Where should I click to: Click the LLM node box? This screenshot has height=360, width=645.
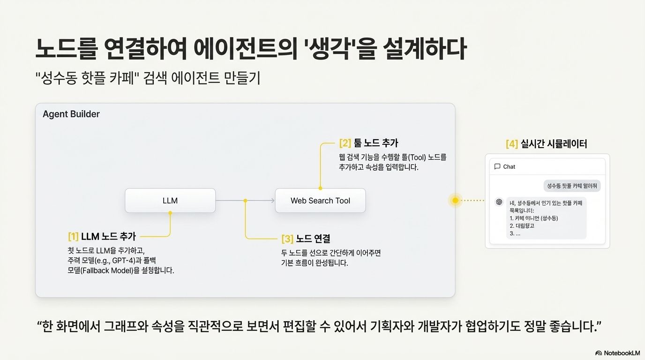pos(170,201)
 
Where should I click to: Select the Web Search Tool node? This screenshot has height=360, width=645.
pos(320,201)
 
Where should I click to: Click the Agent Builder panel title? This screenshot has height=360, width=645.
pos(71,114)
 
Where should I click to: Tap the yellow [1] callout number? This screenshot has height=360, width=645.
pos(73,237)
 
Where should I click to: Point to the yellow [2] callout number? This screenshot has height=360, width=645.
pos(345,142)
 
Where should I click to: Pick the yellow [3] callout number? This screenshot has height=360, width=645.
pos(287,239)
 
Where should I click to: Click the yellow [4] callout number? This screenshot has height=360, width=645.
pos(511,144)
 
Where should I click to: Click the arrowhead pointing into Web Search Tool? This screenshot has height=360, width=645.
pos(272,201)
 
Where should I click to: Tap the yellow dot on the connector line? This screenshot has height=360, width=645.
pos(245,201)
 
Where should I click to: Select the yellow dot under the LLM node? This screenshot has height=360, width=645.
pos(170,213)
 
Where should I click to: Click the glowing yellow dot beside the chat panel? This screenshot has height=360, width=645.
pos(455,200)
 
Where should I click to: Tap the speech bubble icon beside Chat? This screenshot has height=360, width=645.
pos(497,166)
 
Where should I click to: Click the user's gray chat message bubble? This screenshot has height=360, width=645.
pos(572,186)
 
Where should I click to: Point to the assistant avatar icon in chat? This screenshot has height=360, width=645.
pos(499,202)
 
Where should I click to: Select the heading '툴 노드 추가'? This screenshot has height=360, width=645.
pos(375,142)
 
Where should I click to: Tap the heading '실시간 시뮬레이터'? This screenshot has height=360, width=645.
pos(554,144)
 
